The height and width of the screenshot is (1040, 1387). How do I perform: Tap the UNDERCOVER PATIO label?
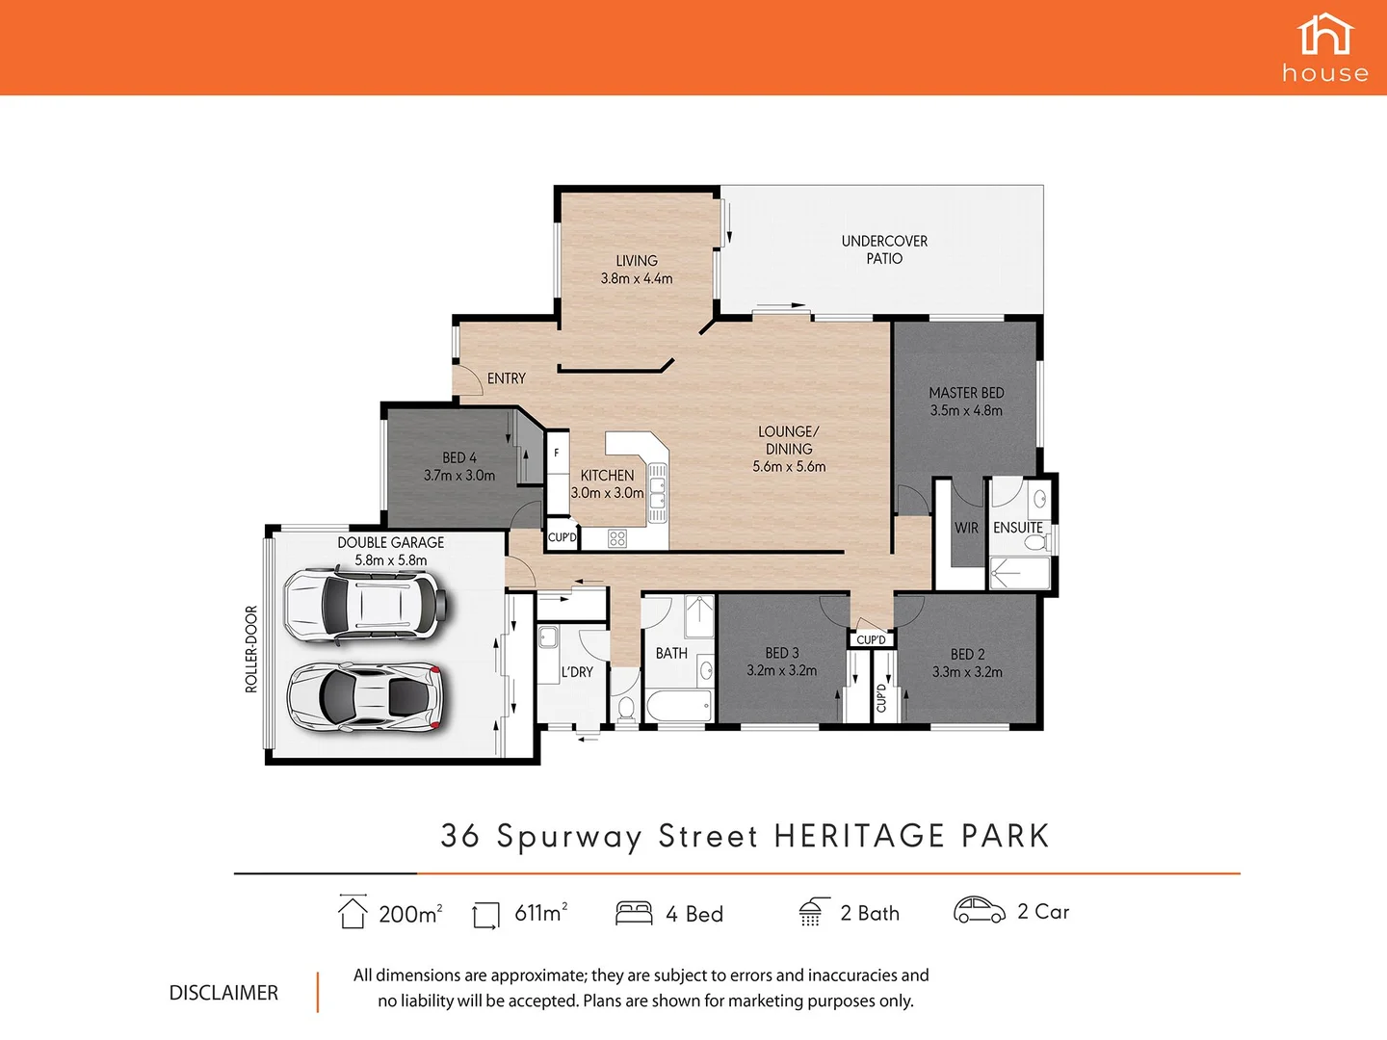tap(884, 249)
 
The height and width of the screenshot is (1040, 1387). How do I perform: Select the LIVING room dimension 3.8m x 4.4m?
tap(637, 278)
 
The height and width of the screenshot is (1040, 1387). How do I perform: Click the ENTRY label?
tap(507, 378)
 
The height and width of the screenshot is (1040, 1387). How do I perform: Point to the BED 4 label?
tap(459, 457)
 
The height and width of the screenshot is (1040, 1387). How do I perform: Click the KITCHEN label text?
tap(607, 475)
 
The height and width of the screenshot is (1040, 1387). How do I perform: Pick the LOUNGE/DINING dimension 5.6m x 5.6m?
tap(789, 466)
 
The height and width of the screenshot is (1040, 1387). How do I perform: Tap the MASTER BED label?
tap(966, 393)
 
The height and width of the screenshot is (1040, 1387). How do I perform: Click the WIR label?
tap(966, 528)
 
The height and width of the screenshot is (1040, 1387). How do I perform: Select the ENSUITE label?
tap(1018, 528)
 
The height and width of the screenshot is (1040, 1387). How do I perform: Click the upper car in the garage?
tap(365, 605)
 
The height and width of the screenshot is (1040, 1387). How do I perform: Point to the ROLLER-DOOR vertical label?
tap(251, 648)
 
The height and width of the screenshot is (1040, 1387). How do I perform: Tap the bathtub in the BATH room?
tap(679, 706)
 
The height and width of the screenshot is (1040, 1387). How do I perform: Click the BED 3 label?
tap(782, 653)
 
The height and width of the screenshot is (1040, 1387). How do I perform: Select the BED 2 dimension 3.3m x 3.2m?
tap(967, 672)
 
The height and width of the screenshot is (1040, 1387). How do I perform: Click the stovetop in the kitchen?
tap(617, 539)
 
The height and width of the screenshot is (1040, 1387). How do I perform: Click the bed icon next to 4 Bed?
tap(634, 913)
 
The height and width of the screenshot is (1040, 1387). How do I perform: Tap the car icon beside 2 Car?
tap(979, 910)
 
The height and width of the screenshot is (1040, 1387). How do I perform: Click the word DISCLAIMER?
tap(223, 993)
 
